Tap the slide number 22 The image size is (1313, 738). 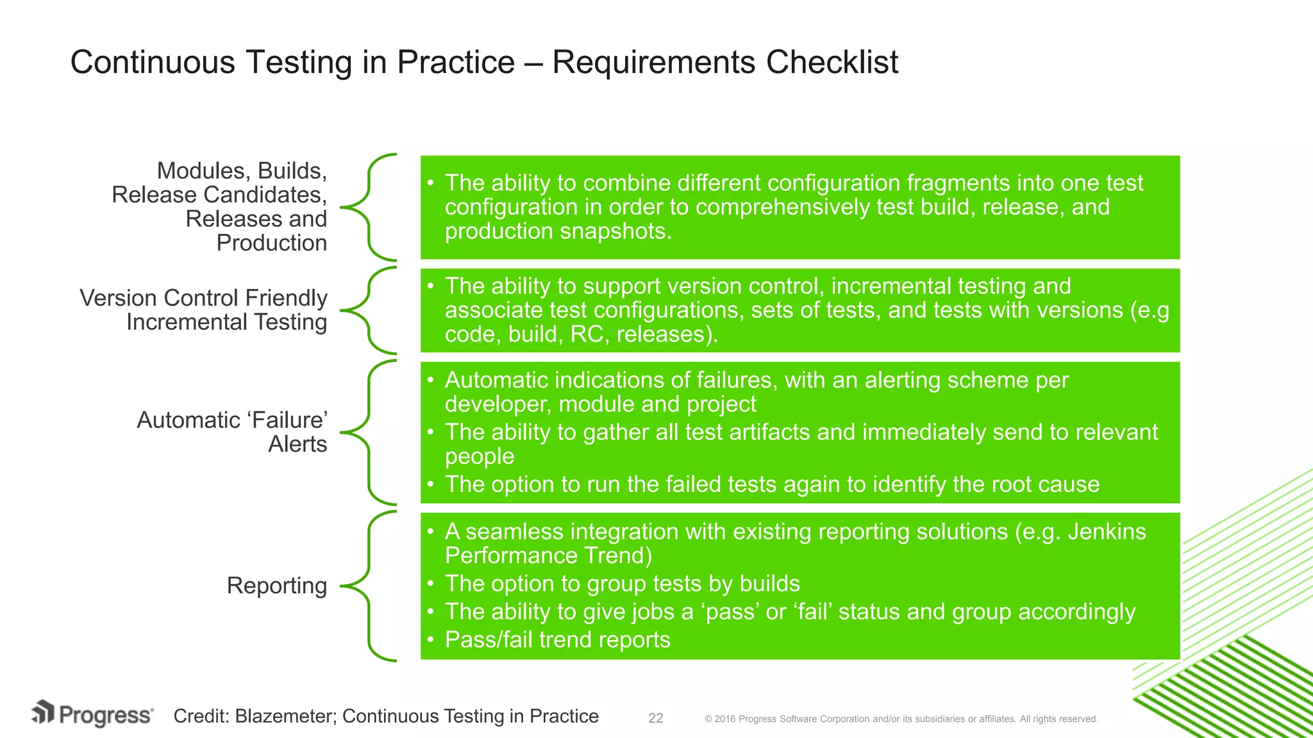click(655, 718)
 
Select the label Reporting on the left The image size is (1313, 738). click(276, 586)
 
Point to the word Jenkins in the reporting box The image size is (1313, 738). click(1106, 532)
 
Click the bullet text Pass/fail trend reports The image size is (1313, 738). click(557, 639)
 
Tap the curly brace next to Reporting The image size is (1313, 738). click(369, 586)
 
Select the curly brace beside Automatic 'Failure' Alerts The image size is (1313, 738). click(369, 432)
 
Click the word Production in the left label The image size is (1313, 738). click(271, 243)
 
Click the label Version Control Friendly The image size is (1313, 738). click(203, 299)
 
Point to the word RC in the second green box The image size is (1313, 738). click(586, 334)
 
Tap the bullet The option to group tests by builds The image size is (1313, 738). click(622, 584)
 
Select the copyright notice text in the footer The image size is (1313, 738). click(901, 719)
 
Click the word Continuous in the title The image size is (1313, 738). click(153, 63)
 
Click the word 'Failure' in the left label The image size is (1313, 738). click(287, 420)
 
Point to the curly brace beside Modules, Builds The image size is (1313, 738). click(369, 207)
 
